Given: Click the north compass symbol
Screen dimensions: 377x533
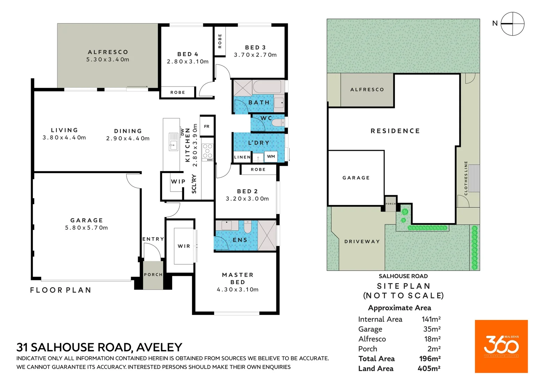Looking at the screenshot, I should coord(512,24).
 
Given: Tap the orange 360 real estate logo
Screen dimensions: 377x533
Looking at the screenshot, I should coord(501,346).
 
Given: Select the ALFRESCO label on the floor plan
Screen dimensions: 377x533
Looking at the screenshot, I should coord(108,52).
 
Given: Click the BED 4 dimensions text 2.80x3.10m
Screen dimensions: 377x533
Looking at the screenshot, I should coord(188,62).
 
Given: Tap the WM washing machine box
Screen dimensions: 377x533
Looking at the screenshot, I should coord(271,156).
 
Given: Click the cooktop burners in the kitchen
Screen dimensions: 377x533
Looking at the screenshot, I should coord(207,151).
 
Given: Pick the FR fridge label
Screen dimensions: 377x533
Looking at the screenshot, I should coord(207,126).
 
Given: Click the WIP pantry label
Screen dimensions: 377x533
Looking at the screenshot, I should coord(178,182).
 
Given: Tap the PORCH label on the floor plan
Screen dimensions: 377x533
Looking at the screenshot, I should coord(153,275).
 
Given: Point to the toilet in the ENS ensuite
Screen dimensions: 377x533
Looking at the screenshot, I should coord(248,227).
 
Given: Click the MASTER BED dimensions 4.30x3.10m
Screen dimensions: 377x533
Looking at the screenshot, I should coord(237,290).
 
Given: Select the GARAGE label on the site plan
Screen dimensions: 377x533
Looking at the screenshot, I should coord(356,178).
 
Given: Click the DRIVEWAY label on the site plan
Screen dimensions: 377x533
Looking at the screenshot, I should coord(362,242).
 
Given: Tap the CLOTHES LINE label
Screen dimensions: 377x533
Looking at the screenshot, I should coord(466,178).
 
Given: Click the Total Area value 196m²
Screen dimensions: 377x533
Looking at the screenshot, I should coord(430,359).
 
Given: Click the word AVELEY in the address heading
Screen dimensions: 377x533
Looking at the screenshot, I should coord(159,347).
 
